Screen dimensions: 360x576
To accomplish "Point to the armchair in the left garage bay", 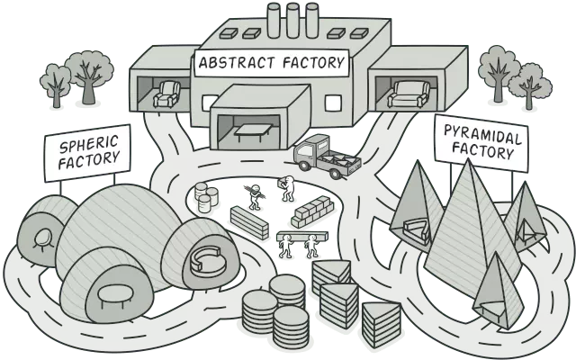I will tap(166, 94).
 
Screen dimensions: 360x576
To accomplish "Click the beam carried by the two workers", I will tap(299, 237).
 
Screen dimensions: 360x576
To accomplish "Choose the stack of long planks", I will tap(249, 220).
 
